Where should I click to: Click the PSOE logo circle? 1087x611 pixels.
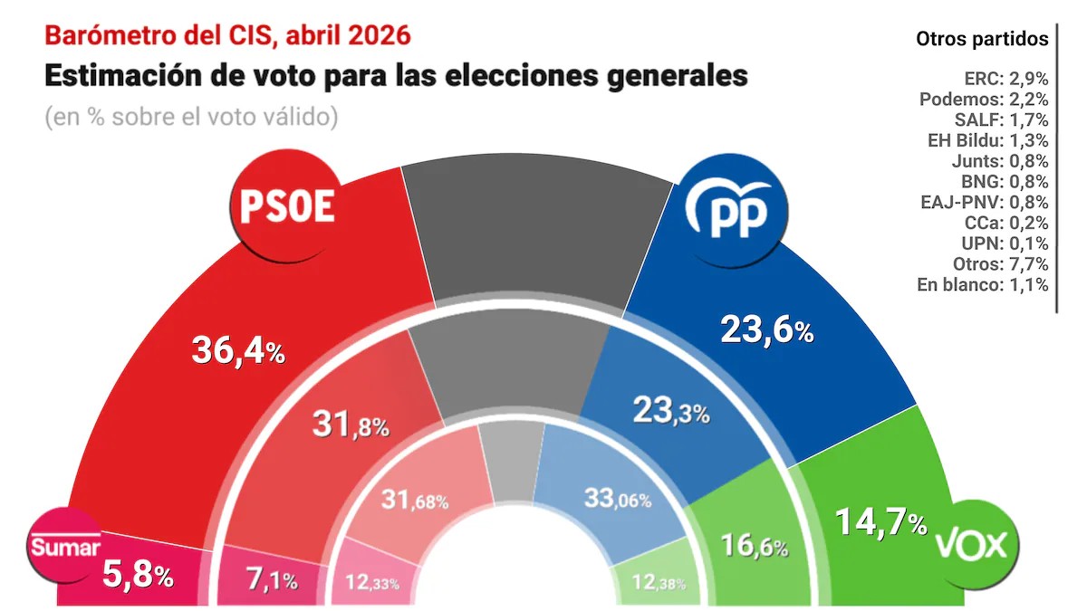286,207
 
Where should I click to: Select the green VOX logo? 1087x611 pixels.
974,544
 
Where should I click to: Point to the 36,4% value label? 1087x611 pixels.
238,350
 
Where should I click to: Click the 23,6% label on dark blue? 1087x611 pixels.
766,330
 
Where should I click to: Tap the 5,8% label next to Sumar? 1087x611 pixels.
137,575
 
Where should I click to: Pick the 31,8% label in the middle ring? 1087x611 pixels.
351,424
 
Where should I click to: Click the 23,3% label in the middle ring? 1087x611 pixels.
670,413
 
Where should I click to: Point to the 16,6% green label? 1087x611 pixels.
754,545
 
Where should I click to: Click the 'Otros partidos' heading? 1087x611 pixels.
982,39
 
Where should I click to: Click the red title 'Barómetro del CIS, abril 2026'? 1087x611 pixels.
227,35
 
